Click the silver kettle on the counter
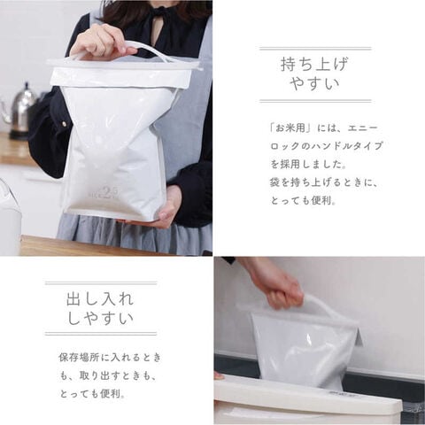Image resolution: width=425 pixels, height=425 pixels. click(20, 111)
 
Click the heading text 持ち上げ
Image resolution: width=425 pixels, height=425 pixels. click(314, 65)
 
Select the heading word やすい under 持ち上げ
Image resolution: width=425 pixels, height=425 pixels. click(315, 83)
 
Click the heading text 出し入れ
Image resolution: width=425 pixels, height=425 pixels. click(100, 299)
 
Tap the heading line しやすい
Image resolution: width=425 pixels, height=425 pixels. click(100, 318)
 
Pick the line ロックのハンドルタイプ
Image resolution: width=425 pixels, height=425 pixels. click(327, 146)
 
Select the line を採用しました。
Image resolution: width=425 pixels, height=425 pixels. click(308, 165)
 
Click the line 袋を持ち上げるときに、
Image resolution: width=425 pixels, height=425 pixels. click(324, 182)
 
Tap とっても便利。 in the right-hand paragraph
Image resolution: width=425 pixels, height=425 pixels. click(304, 201)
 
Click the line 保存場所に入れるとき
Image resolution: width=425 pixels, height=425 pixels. click(110, 358)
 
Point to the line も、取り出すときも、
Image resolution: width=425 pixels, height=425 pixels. click(108, 375)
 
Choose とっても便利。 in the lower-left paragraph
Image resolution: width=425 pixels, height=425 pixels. click(92, 394)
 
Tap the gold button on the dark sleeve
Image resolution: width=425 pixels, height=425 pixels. click(63, 124)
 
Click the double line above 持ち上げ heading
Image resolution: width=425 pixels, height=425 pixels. click(315, 49)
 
